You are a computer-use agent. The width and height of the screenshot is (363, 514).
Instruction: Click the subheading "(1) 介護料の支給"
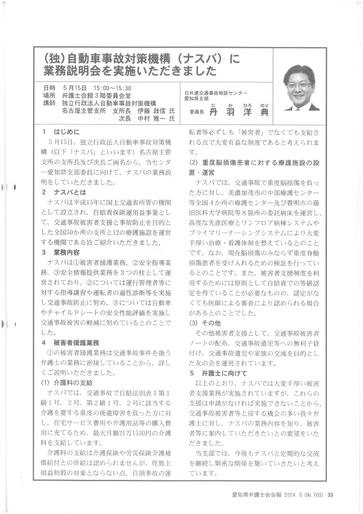click(x=68, y=382)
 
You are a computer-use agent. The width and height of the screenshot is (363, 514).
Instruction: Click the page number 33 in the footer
click(x=331, y=495)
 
